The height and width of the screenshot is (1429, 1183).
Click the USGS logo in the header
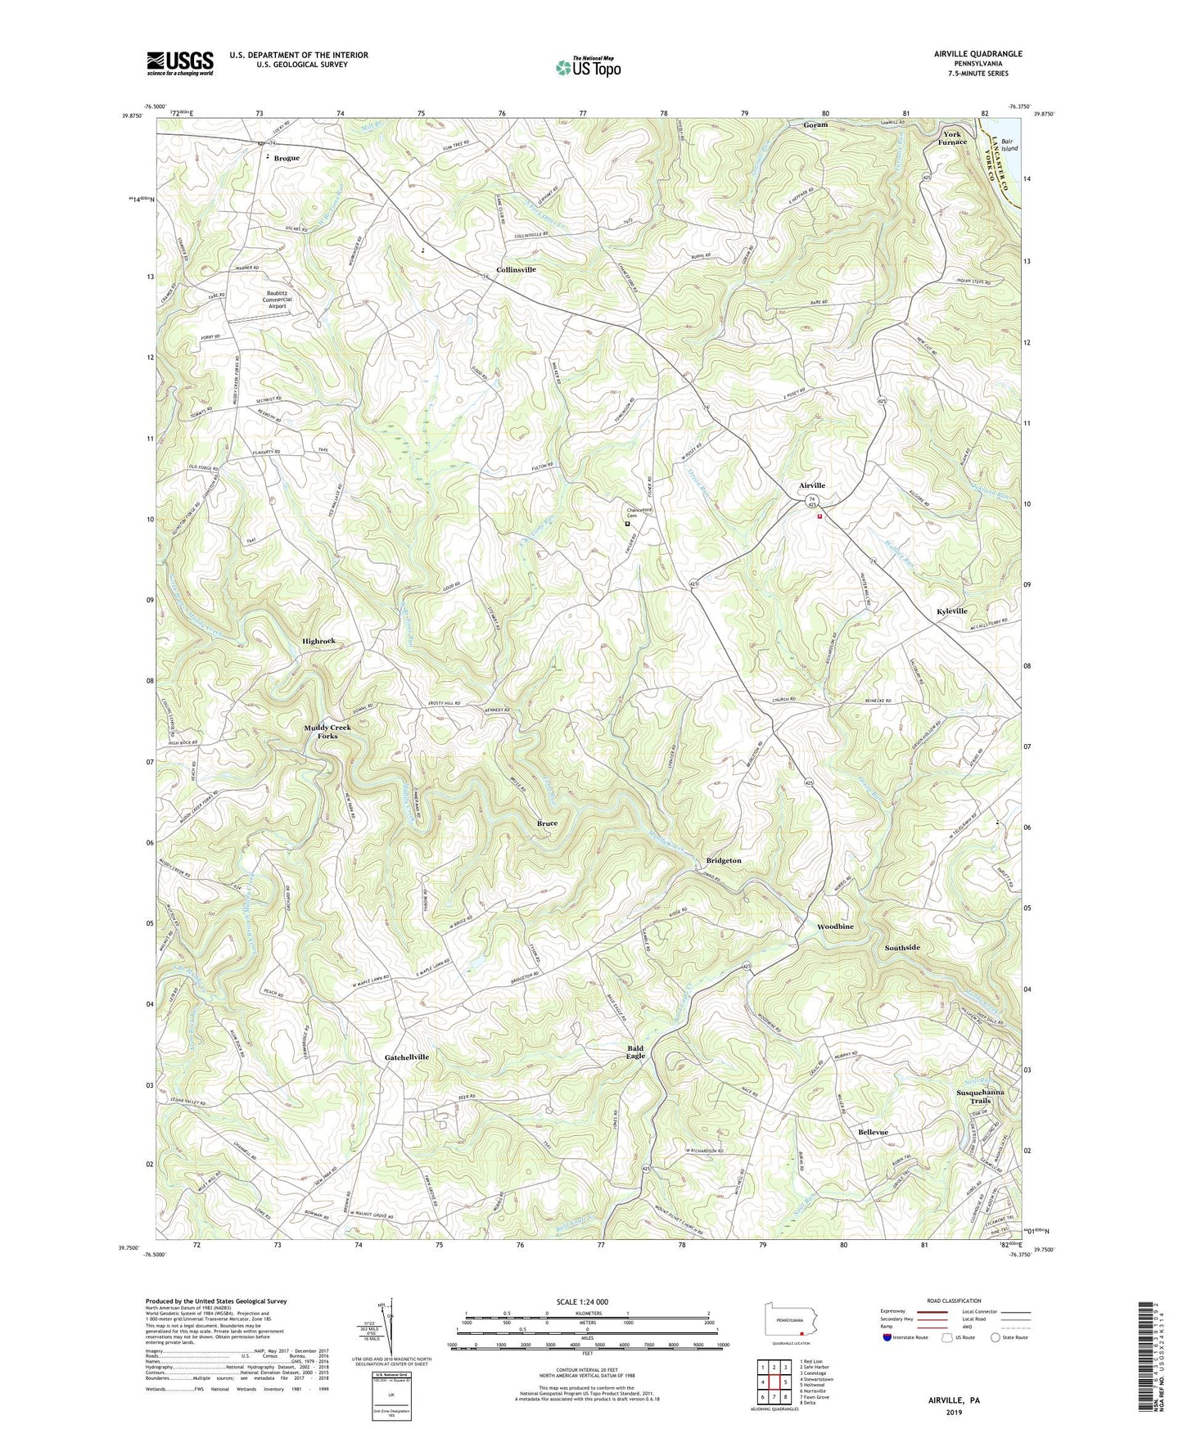[180, 62]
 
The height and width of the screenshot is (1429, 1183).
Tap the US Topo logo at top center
[587, 67]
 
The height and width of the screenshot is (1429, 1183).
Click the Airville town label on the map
[812, 485]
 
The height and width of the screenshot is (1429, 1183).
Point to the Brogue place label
[287, 158]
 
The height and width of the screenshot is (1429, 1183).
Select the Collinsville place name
[516, 269]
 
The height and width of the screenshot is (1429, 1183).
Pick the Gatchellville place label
[407, 1057]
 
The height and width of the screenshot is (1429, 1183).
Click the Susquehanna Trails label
[980, 1097]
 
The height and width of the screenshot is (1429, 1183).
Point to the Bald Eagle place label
[636, 1052]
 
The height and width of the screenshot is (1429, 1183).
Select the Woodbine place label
[835, 926]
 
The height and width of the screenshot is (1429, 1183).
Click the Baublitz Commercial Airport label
[277, 299]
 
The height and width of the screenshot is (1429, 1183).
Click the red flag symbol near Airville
[819, 516]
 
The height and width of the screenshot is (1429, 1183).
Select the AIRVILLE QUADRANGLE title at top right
[978, 54]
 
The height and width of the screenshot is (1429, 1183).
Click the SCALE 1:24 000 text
[582, 1301]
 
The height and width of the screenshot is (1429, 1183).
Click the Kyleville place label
[952, 611]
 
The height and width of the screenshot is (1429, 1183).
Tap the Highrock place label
[318, 642]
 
